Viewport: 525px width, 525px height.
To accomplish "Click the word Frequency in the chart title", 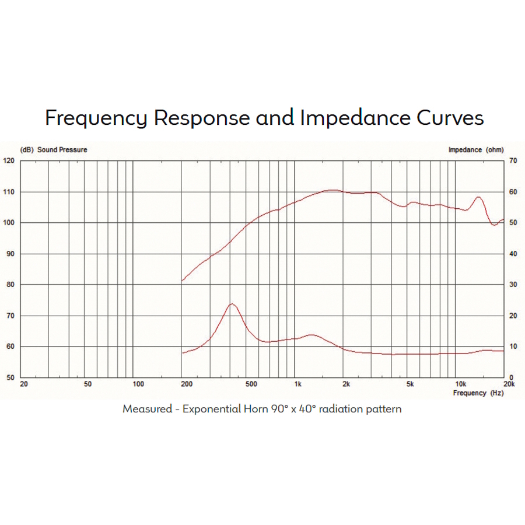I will click(96, 118).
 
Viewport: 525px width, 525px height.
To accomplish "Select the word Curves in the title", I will click(450, 118).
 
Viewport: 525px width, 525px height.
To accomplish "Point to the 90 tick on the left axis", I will click(10, 254).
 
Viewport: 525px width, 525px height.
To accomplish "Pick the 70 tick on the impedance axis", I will click(513, 160).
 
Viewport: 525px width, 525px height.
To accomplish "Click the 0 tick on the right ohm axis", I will click(512, 377).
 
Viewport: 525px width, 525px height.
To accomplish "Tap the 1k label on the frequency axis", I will click(297, 384).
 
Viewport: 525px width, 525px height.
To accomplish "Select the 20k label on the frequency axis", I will click(509, 384).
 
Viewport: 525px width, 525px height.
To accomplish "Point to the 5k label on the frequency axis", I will click(410, 384).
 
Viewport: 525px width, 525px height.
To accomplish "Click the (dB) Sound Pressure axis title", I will click(54, 150).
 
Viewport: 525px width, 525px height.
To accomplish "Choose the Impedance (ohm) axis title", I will click(475, 150).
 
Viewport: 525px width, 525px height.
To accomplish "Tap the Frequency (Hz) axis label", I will click(478, 393).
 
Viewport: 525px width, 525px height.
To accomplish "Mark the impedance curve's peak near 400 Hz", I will click(232, 304).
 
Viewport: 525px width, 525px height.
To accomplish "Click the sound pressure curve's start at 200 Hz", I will click(183, 281).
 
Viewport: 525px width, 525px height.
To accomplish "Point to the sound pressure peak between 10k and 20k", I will click(478, 197).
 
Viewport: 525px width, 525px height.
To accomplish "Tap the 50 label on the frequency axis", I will click(87, 384).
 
